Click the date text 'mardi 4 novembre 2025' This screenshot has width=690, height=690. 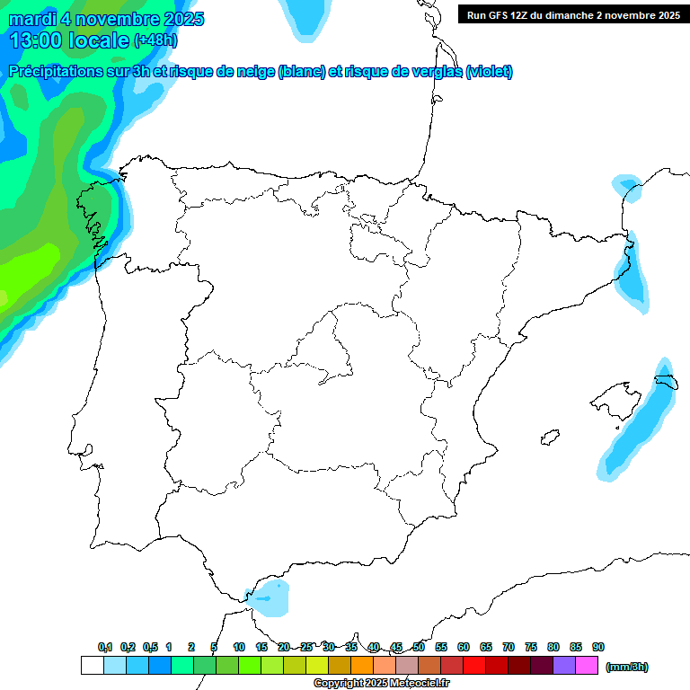pos(106,19)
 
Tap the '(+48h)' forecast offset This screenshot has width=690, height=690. pos(156,40)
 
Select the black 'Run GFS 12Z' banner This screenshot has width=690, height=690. pos(572,14)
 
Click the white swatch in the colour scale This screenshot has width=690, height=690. pos(92,666)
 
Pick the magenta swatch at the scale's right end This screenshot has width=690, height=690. pos(587,666)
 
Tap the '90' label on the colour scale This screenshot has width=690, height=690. pos(598,647)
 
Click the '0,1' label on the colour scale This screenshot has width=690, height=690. pos(105,647)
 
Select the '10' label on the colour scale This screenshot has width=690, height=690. pos(239,647)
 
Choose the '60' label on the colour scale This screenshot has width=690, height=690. pos(464,647)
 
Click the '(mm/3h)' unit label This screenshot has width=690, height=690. pos(627,667)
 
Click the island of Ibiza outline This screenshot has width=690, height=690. pos(548,438)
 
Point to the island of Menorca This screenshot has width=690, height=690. pos(666,381)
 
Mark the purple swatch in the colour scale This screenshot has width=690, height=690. pos(564,666)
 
